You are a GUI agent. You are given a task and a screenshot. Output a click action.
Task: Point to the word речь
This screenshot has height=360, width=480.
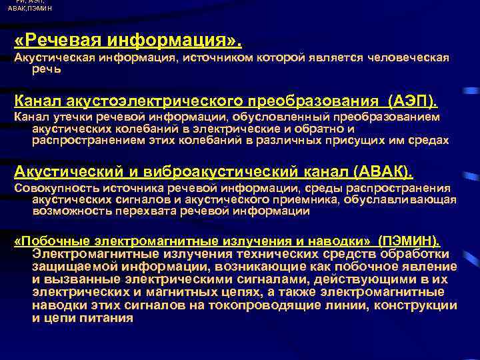coord(47,68)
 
